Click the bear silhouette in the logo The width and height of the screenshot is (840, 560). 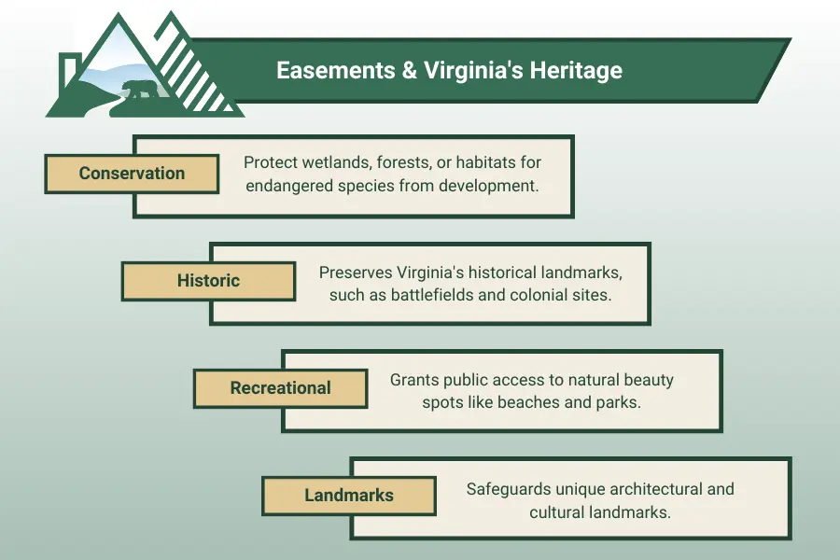139,92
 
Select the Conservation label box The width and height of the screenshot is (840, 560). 132,174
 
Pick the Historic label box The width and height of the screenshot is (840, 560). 208,281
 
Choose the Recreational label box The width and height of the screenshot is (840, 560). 280,388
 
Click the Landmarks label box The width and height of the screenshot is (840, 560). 348,496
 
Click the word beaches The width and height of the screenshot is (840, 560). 551,403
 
